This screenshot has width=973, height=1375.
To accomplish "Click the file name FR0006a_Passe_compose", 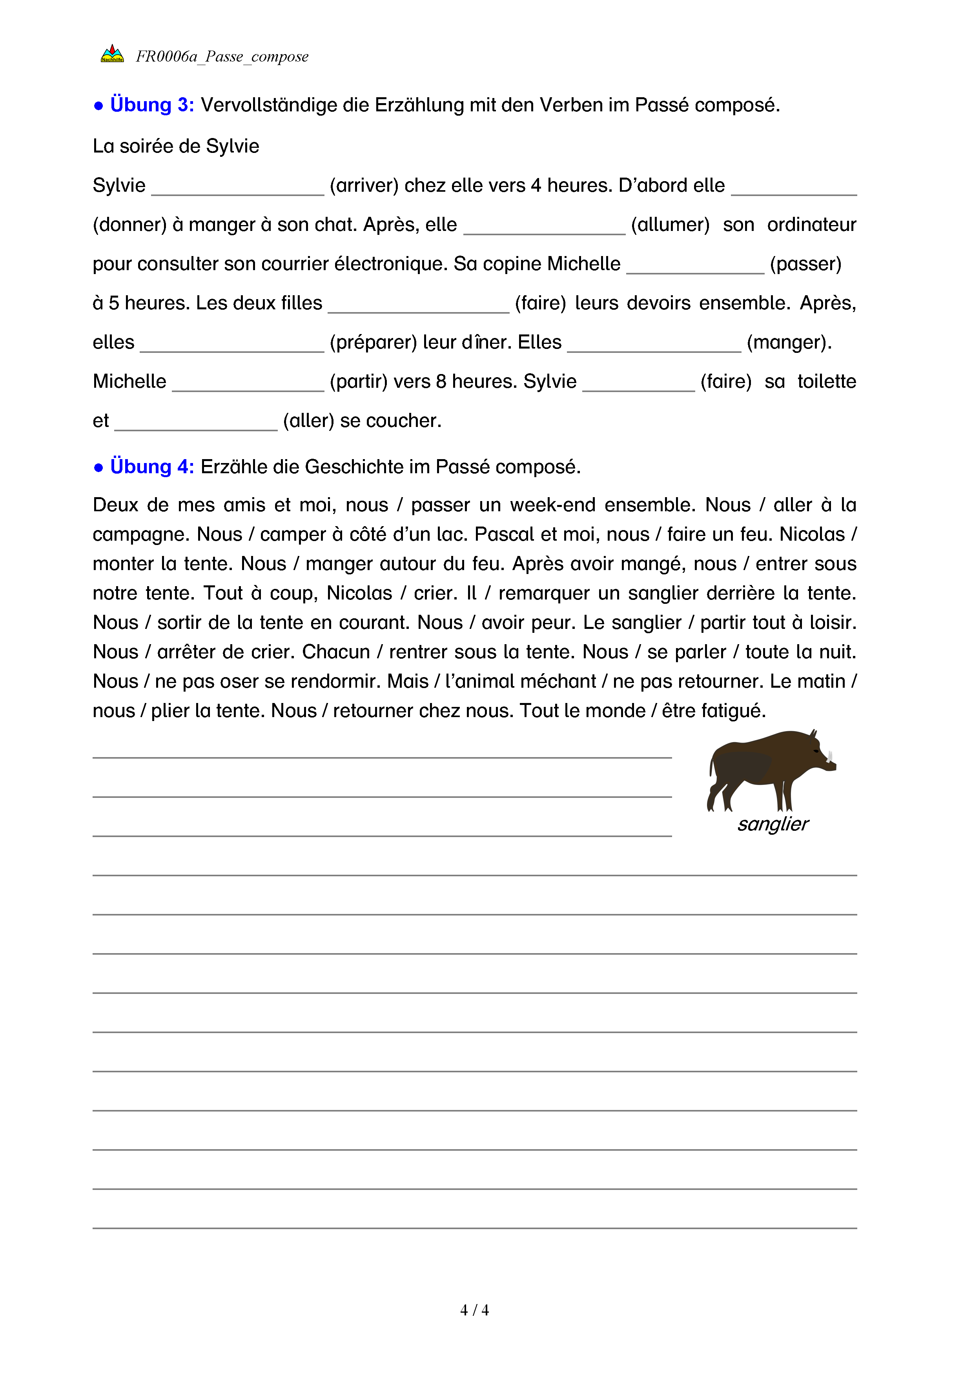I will click(222, 57).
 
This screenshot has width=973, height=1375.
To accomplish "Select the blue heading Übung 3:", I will click(151, 105).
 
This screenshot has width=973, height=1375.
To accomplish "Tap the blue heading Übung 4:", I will click(151, 467).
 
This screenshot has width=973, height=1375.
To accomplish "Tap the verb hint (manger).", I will click(789, 343).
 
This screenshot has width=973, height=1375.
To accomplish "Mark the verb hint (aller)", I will click(308, 421).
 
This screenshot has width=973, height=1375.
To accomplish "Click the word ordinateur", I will click(811, 225).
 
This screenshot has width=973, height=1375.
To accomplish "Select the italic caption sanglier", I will click(773, 825).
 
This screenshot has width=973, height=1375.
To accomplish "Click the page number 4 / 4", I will click(474, 1310).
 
